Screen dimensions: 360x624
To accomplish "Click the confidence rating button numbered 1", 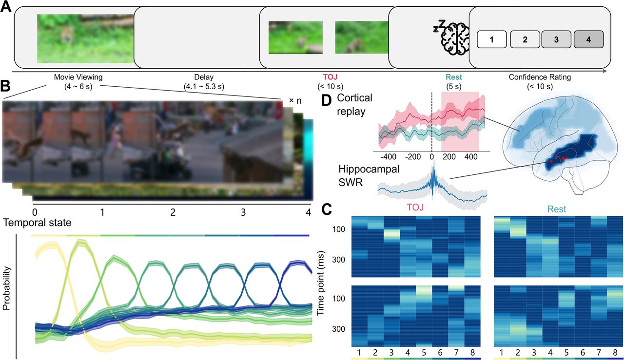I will pyautogui.click(x=492, y=39).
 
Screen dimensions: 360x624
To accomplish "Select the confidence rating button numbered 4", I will pyautogui.click(x=589, y=39).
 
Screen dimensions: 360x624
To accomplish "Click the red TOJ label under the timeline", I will pyautogui.click(x=330, y=77).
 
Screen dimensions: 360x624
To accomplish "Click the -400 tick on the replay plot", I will pyautogui.click(x=388, y=157).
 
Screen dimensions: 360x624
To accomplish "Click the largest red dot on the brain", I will pyautogui.click(x=563, y=159).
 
